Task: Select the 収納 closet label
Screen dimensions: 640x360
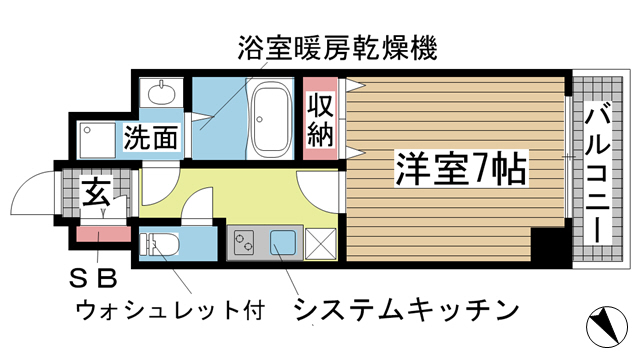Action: point(320,119)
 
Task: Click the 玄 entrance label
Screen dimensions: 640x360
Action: point(95,189)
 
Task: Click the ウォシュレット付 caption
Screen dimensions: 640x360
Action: point(170,308)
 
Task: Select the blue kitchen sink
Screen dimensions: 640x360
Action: point(282,242)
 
